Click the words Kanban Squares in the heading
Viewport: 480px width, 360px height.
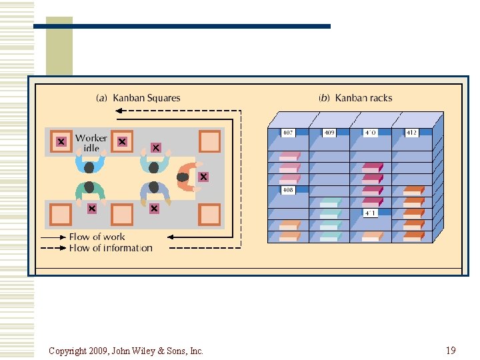[147, 98]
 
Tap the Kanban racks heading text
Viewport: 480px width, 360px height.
[363, 98]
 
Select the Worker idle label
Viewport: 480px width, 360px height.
[91, 143]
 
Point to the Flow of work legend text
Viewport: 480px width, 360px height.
[97, 237]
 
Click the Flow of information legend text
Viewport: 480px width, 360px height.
[111, 248]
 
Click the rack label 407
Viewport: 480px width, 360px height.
[288, 133]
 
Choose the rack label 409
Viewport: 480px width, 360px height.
[329, 133]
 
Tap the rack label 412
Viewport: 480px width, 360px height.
[411, 133]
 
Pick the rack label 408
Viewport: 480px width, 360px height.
[288, 190]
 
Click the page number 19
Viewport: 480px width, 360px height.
[451, 350]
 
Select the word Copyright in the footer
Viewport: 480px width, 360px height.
[69, 351]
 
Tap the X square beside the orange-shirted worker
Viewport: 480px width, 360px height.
[203, 177]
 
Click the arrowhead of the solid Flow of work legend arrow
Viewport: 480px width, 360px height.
[64, 237]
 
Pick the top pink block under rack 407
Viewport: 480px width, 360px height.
[289, 156]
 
